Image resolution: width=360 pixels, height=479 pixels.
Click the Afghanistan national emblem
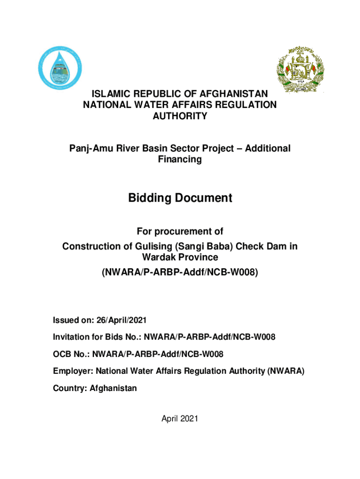click(300, 69)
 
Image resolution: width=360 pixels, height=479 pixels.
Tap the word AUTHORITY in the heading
click(180, 116)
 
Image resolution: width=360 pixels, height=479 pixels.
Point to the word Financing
click(180, 160)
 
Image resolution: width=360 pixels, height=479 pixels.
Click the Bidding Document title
click(180, 198)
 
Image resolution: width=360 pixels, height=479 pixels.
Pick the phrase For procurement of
click(180, 231)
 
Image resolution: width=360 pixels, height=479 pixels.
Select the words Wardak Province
click(180, 257)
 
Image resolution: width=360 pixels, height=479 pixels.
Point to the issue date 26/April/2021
click(122, 320)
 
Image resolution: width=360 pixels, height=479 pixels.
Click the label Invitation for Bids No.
click(95, 337)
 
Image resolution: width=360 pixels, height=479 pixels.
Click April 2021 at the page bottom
click(180, 419)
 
